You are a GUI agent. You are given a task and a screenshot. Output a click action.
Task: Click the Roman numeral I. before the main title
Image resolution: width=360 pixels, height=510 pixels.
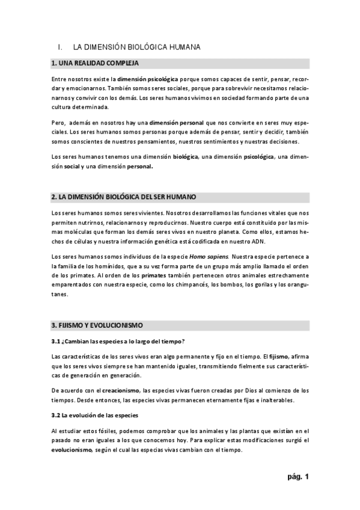click(x=59, y=46)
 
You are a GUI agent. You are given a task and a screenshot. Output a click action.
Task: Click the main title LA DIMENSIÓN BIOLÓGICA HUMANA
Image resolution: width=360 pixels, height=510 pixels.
click(x=136, y=46)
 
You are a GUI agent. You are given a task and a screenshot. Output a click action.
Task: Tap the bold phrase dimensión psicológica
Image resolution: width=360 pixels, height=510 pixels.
click(x=147, y=79)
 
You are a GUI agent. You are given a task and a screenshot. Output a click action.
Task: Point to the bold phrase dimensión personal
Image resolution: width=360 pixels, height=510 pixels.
click(x=176, y=122)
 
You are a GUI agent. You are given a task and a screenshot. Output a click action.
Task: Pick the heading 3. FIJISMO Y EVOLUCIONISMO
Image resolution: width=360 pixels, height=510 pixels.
click(x=97, y=325)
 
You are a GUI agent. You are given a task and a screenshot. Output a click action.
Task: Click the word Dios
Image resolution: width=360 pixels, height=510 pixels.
click(x=241, y=390)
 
